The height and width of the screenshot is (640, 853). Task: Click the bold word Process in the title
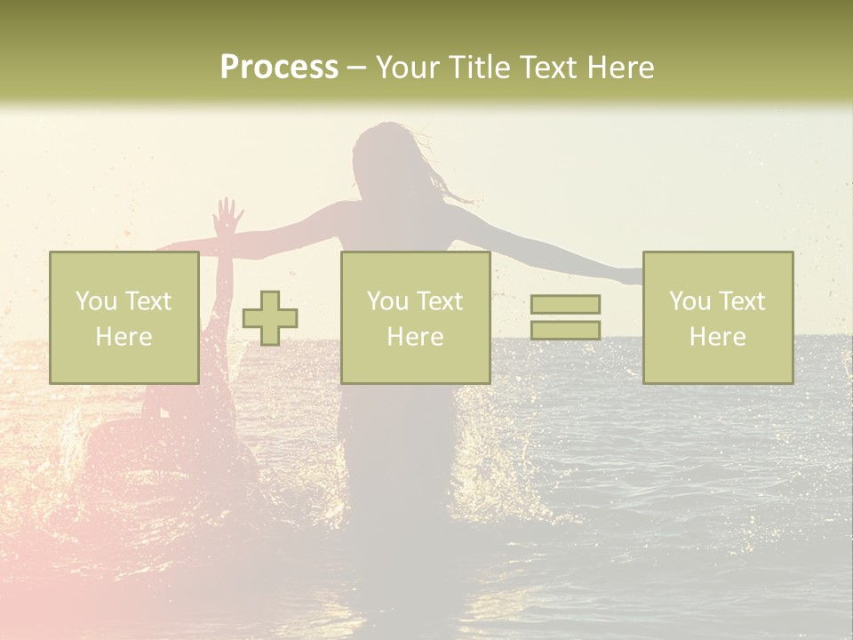coord(279,68)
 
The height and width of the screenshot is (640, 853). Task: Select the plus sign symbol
coord(270,318)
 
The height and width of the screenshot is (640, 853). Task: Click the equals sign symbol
coord(565,317)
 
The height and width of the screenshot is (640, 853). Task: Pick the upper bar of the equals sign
coord(565,304)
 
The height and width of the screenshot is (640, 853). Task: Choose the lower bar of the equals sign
coord(565,331)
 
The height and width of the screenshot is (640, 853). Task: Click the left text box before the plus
coord(124,317)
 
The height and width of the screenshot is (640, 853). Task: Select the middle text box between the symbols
coord(415,317)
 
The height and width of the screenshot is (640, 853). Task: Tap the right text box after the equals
coord(717,317)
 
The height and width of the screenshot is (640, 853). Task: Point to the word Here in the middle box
coord(415,337)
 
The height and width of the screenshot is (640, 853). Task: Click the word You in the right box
coord(690,301)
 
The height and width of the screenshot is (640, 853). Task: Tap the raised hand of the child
coord(228,214)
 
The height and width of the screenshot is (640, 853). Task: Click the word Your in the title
coord(409,68)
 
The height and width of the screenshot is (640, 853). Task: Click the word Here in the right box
coord(717,337)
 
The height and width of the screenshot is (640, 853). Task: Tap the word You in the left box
coord(95,301)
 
